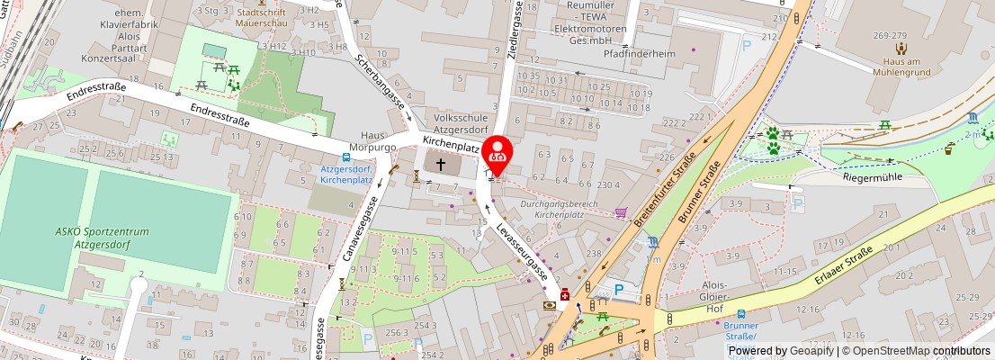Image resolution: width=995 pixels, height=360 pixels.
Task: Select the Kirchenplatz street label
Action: [450, 142]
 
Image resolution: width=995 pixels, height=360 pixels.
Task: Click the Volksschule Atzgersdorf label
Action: [462, 122]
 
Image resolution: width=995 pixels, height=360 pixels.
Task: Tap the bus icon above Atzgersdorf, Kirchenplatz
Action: [346, 157]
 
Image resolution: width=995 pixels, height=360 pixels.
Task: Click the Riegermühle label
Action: [871, 177]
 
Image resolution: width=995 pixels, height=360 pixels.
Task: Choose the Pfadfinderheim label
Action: [640, 52]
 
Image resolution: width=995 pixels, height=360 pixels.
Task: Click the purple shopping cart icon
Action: [620, 212]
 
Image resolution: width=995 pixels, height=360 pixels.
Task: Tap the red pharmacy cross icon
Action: [565, 295]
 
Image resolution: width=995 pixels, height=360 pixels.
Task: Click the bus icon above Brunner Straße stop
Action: [740, 315]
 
